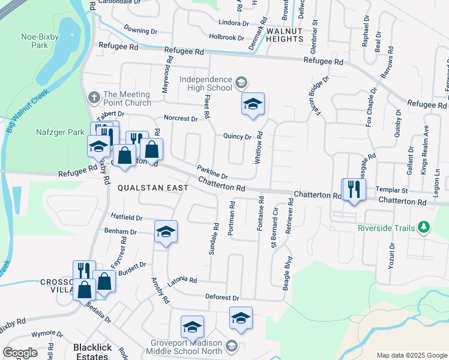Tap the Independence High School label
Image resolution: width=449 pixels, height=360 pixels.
coord(206,84)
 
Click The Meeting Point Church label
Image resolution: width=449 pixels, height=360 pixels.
coord(127,98)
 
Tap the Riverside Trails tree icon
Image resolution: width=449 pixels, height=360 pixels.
coord(424,227)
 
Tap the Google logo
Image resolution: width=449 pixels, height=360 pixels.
coord(20,353)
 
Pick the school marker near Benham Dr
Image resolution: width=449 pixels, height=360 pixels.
coord(166,232)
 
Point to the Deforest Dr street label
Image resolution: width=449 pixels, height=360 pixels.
coord(222,298)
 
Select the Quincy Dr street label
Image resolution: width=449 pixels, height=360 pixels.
coord(237,136)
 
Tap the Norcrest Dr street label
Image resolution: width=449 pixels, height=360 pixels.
coord(181,119)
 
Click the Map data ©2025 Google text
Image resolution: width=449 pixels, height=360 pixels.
coord(411,355)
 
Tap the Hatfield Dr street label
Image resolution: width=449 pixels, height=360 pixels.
coord(127,218)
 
